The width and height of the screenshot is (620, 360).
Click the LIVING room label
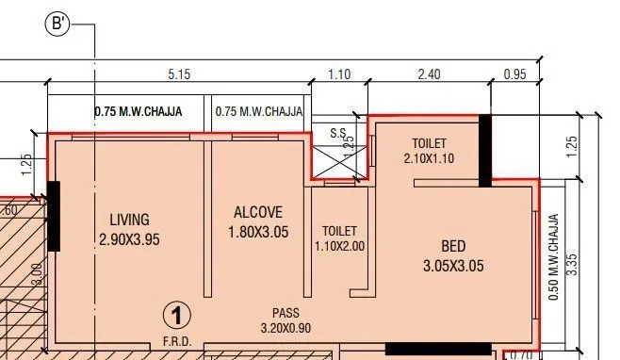point(129,220)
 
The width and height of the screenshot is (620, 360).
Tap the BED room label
point(453,246)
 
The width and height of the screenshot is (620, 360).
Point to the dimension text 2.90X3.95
point(129,239)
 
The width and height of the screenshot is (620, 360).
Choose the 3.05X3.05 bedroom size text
point(453,266)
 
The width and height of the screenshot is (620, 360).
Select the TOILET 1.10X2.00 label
point(339,237)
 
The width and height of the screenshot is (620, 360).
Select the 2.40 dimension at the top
point(429,74)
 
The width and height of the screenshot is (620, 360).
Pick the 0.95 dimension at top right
point(514,74)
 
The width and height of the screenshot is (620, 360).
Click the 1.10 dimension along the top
point(338,74)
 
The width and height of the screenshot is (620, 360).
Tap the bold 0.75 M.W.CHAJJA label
point(139,111)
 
